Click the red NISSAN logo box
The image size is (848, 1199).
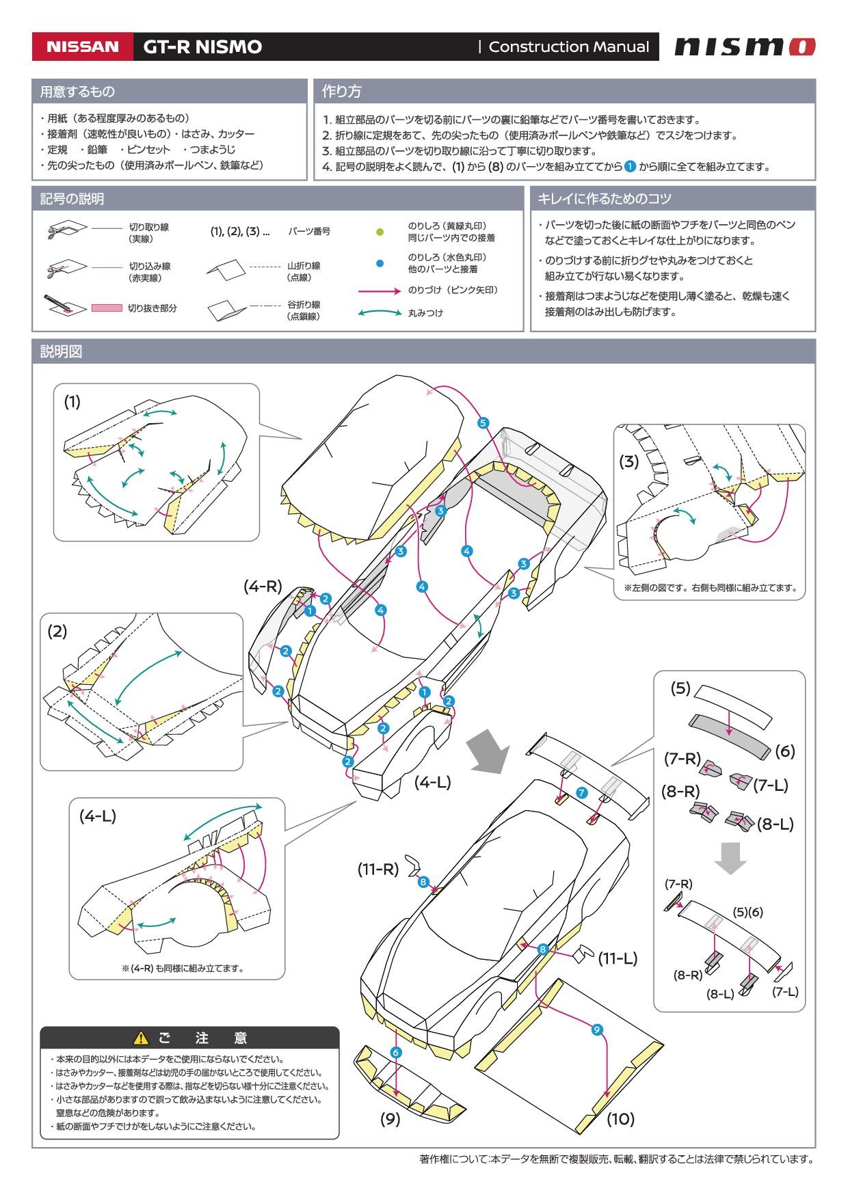pos(82,47)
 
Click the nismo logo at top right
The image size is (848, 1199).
pos(745,46)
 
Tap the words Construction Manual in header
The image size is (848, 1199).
pos(568,47)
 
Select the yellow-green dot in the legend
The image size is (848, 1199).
pos(380,232)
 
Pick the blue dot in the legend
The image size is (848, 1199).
pos(380,263)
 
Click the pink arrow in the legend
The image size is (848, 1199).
pos(380,291)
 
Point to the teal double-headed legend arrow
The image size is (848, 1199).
pos(380,313)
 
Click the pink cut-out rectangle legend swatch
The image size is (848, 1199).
pos(107,308)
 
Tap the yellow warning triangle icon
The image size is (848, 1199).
pos(141,1038)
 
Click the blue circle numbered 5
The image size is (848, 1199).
pos(483,423)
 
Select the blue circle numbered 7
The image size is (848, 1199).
pos(581,793)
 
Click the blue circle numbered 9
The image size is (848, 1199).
pos(596,1029)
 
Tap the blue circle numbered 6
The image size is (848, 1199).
pos(396,1053)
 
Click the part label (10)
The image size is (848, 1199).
pos(620,1119)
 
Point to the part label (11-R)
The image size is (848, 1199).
pos(377,869)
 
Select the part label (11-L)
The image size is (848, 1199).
pos(618,959)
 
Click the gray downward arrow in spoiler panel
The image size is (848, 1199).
pos(730,858)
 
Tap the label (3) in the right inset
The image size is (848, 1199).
pos(628,461)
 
